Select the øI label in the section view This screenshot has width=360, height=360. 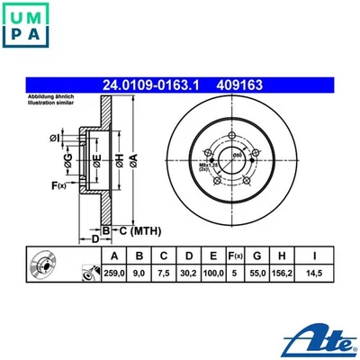point(54,137)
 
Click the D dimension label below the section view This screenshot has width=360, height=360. point(94,238)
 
